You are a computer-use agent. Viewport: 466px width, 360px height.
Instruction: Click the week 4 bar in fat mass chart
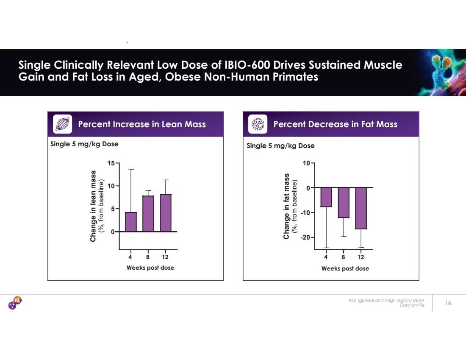pos(326,197)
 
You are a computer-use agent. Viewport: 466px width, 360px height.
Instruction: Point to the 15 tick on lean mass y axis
pos(112,163)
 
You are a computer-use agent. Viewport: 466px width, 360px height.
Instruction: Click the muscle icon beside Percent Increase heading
pos(62,124)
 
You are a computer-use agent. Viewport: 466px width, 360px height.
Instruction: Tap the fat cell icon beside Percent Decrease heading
pos(258,124)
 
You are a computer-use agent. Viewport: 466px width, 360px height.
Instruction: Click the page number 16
pos(448,303)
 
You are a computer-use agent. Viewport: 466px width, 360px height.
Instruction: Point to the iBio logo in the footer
pos(15,303)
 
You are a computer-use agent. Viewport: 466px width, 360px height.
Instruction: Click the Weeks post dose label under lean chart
pos(150,268)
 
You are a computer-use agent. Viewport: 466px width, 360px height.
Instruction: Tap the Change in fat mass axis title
pos(287,206)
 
